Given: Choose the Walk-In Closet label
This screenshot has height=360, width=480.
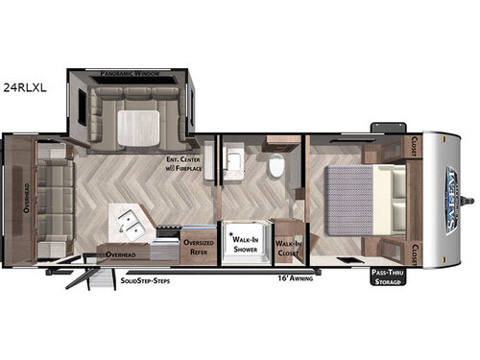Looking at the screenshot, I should (x=286, y=248).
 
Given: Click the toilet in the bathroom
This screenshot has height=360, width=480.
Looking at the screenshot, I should (x=276, y=168).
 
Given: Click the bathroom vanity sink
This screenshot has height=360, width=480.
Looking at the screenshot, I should (x=231, y=159).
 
